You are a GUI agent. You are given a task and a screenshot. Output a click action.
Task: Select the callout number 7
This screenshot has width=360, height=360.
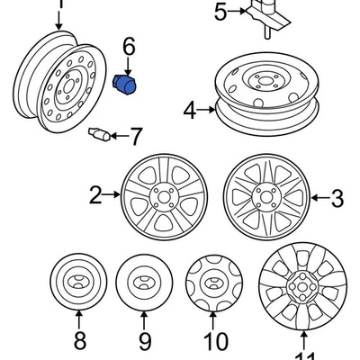136,137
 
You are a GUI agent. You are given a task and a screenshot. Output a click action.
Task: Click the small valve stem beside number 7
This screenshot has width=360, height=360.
99,135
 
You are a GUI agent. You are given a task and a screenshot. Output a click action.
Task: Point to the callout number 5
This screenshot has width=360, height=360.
221,12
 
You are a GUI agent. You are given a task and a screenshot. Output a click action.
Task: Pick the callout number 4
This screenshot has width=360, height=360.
189,111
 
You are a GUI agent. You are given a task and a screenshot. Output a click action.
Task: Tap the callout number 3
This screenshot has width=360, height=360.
337,197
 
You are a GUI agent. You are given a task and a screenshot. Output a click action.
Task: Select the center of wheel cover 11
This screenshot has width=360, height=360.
302,289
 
